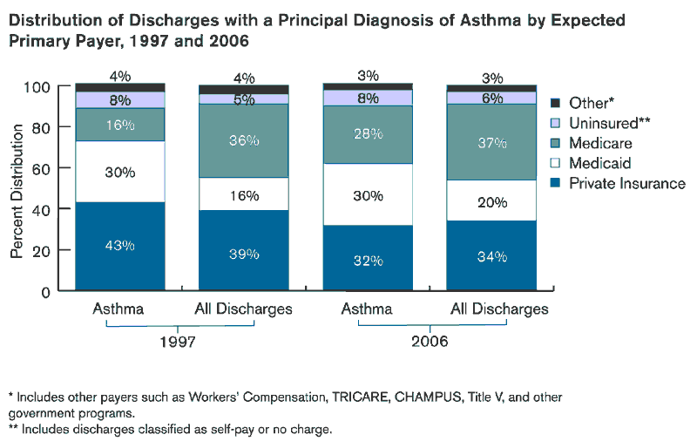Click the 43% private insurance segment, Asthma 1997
tap(119, 246)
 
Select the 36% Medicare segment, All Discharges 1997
tap(243, 140)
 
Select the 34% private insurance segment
tap(491, 256)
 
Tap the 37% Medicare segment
tap(491, 142)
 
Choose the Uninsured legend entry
tap(609, 123)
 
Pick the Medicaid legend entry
tap(599, 163)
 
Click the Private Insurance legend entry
tap(626, 183)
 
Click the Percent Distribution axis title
tap(17, 187)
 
